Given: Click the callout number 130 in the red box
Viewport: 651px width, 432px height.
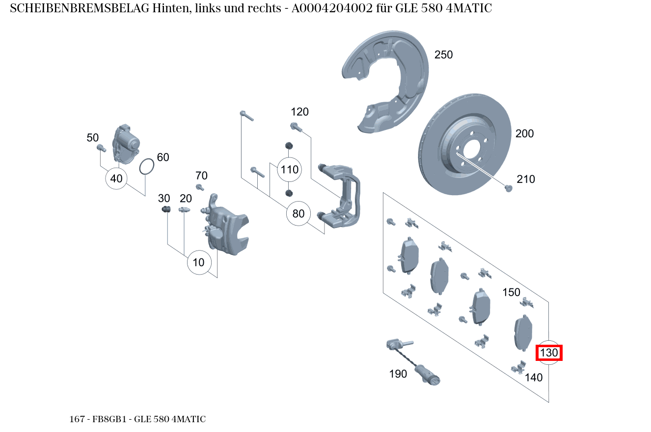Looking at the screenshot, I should tap(549, 353).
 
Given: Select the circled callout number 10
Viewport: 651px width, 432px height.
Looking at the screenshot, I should tap(198, 262).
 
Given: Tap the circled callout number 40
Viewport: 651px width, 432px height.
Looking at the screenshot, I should tap(116, 178).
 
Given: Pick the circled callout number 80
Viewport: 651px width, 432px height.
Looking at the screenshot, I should tap(298, 213).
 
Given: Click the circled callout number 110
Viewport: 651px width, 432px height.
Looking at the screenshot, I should tap(289, 170).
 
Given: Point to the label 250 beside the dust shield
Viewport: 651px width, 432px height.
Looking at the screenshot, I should tap(443, 55).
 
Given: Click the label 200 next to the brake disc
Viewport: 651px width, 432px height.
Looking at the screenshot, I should tap(524, 133).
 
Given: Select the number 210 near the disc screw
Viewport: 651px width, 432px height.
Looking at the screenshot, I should tap(525, 179).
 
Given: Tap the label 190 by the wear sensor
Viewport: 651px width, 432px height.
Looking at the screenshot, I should tap(398, 374).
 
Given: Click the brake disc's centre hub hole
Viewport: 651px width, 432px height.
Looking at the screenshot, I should tap(472, 150).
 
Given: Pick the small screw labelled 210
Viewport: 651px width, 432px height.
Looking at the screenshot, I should tap(509, 188).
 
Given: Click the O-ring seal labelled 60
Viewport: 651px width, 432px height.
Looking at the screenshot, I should tap(146, 167).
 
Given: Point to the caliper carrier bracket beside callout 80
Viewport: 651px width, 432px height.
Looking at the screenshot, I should tap(344, 196).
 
